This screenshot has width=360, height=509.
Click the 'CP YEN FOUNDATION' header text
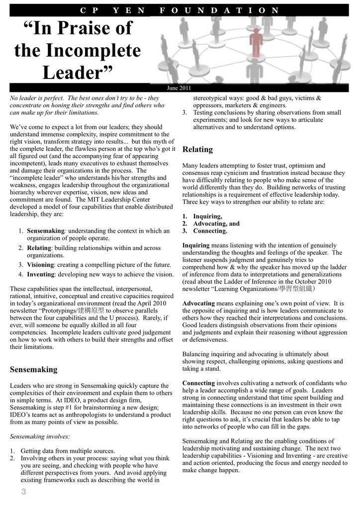click(x=180, y=9)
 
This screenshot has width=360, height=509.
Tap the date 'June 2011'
click(x=179, y=87)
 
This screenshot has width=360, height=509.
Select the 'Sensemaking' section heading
click(x=34, y=369)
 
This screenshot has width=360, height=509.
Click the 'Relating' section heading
click(x=198, y=149)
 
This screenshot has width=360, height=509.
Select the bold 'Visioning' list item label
click(x=40, y=264)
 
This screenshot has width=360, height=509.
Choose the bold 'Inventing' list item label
click(x=40, y=274)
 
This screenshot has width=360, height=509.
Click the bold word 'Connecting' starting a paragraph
click(x=198, y=383)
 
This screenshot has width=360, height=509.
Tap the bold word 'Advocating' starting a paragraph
click(x=199, y=303)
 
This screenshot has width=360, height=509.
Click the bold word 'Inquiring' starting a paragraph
click(x=196, y=246)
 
